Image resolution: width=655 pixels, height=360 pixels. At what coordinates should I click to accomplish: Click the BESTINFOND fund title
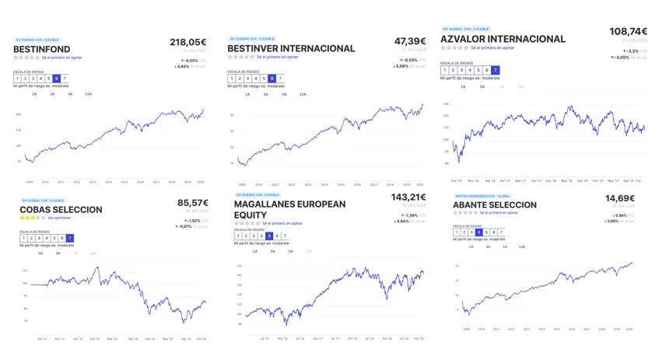[x=42, y=49]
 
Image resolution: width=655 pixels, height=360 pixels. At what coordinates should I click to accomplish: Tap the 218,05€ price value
[x=188, y=43]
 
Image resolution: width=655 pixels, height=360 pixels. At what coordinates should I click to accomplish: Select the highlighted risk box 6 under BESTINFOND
[x=55, y=79]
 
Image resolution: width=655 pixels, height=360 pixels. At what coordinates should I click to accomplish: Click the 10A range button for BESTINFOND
[x=88, y=94]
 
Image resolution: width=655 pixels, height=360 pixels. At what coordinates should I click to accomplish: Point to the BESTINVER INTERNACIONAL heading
[x=291, y=48]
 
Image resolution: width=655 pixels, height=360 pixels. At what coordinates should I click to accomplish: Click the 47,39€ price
[x=410, y=41]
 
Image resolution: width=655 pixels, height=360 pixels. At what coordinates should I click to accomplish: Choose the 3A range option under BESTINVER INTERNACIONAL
[x=265, y=94]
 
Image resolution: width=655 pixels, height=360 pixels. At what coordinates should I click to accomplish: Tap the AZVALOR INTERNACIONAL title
[x=503, y=39]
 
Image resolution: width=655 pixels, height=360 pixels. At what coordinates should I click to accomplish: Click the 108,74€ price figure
[x=629, y=32]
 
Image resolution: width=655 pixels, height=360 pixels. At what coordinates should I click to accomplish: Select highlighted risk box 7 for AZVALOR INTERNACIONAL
[x=496, y=70]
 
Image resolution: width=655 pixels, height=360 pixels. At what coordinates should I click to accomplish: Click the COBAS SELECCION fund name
[x=61, y=210]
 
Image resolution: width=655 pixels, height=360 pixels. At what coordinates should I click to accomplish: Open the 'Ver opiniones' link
[x=60, y=218]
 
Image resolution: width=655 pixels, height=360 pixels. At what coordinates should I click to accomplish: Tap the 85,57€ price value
[x=193, y=203]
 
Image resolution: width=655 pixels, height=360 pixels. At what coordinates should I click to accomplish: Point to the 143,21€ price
[x=408, y=197]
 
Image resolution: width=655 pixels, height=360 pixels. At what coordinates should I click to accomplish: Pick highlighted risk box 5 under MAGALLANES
[x=269, y=236]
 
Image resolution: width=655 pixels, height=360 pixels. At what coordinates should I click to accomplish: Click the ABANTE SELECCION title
[x=495, y=205]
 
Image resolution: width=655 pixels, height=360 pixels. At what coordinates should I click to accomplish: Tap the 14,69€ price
[x=620, y=199]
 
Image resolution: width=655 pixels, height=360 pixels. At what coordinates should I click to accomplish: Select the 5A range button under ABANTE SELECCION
[x=505, y=246]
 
